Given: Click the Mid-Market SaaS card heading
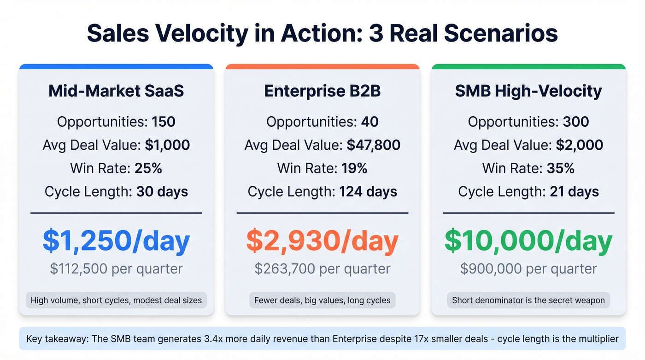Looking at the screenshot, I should [x=116, y=91].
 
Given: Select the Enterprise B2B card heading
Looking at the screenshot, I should [x=322, y=91].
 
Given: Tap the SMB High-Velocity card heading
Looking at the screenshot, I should [x=528, y=91].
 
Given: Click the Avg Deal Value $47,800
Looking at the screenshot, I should [x=373, y=145].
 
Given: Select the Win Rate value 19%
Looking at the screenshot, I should [x=354, y=168].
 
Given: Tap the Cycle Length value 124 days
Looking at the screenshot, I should [x=368, y=191].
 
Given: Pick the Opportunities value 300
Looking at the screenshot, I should [x=575, y=122].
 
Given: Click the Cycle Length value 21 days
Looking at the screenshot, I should [x=574, y=191].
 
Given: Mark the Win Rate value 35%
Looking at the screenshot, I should [x=560, y=168].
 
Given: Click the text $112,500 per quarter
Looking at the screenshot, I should [x=116, y=269].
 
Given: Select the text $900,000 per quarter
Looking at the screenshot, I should [x=528, y=269].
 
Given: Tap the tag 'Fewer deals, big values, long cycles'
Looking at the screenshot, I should [x=322, y=301].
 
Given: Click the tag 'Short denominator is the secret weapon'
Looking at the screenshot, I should [x=528, y=301].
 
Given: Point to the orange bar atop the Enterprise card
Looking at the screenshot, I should [x=322, y=66].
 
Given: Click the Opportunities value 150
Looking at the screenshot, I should [x=163, y=122].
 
